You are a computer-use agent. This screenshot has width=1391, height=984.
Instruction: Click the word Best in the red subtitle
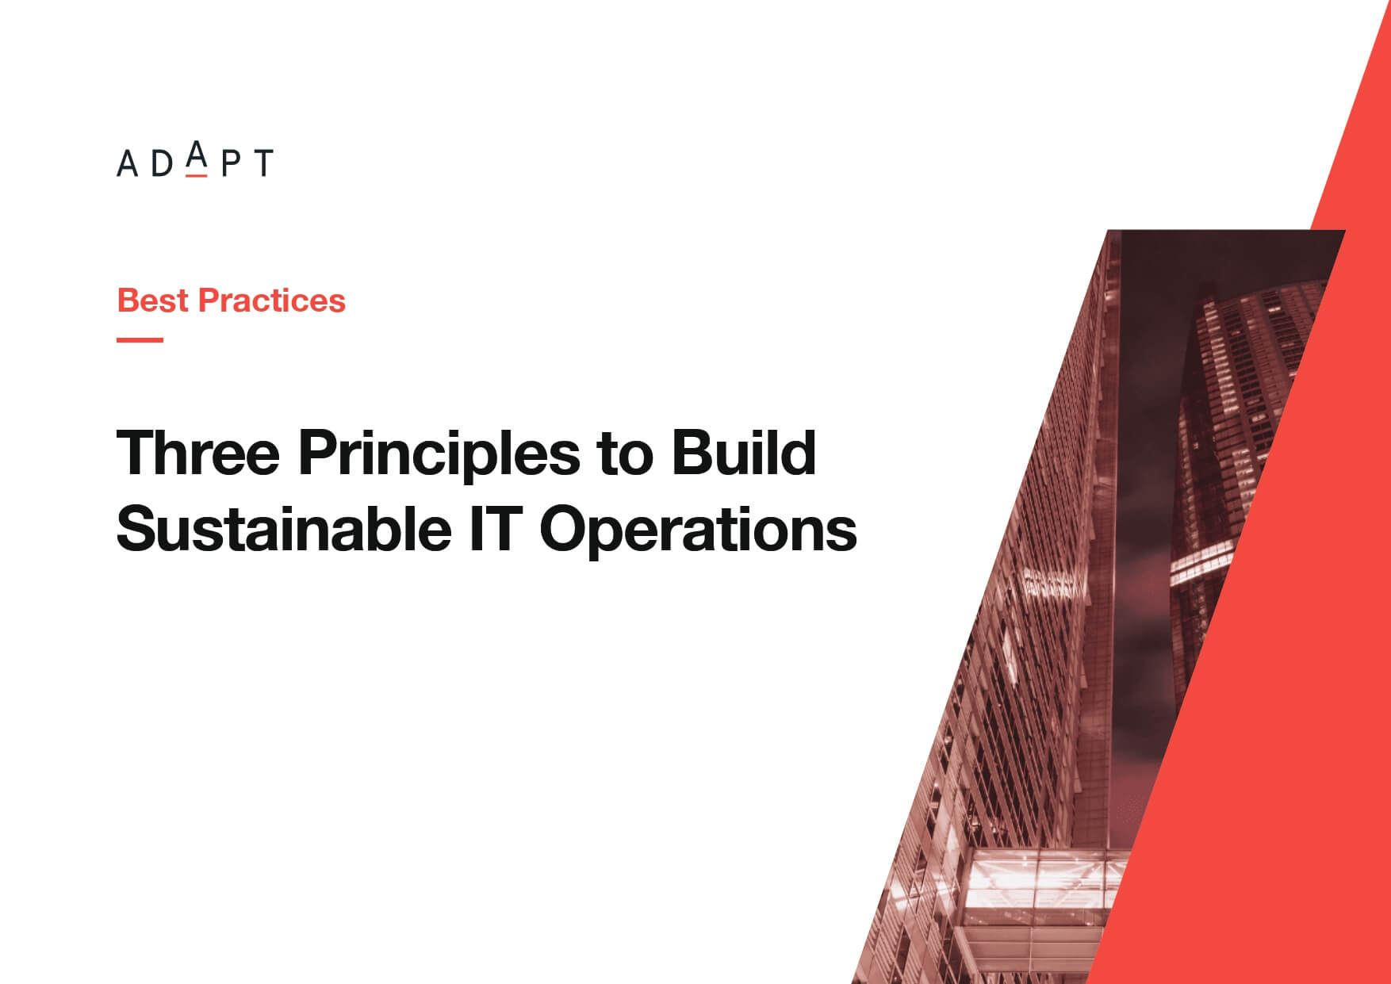pyautogui.click(x=153, y=301)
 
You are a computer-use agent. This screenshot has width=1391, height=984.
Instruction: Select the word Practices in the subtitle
pyautogui.click(x=272, y=301)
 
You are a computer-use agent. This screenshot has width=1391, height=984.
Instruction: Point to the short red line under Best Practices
pyautogui.click(x=140, y=339)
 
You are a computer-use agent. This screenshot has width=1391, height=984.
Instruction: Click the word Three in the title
pyautogui.click(x=199, y=453)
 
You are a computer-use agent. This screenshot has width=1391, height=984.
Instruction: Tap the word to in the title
pyautogui.click(x=626, y=455)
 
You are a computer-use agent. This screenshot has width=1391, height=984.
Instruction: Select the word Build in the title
pyautogui.click(x=744, y=453)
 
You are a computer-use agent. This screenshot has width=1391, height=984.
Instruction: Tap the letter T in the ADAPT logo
pyautogui.click(x=262, y=163)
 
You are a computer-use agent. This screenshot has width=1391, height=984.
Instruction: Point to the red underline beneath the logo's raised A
pyautogui.click(x=197, y=174)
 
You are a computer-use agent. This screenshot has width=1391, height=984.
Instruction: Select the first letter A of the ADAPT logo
pyautogui.click(x=128, y=163)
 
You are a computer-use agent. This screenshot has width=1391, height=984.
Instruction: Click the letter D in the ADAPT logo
pyautogui.click(x=162, y=163)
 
